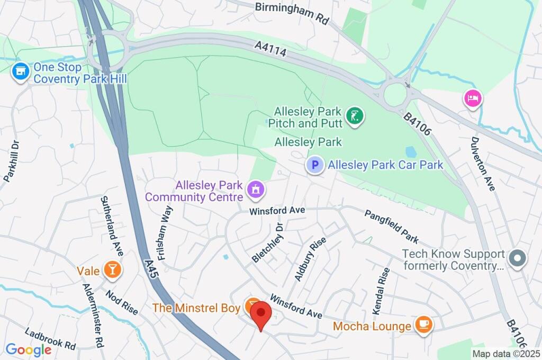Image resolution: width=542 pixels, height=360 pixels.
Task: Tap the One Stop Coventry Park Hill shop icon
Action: point(21,73)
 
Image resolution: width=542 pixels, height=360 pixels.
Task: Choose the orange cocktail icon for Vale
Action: point(112,271)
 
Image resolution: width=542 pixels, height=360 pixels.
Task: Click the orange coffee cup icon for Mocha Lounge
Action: point(423,326)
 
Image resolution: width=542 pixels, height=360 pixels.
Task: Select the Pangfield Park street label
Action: point(391,227)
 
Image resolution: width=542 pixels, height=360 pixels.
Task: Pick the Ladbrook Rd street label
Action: point(50,339)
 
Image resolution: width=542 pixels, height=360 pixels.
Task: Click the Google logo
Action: point(29,349)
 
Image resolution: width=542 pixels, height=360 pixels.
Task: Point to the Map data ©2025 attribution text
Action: point(505,354)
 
